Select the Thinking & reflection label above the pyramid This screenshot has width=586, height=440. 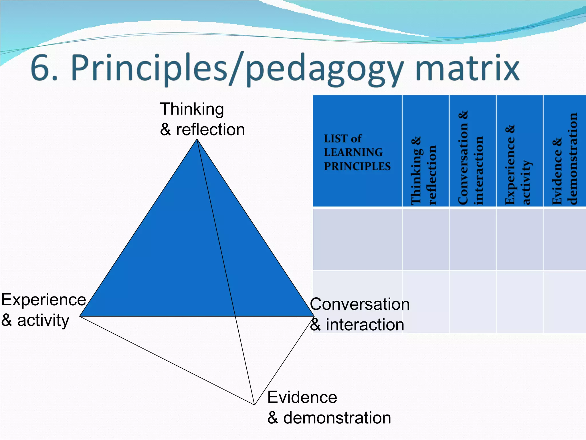tap(202, 119)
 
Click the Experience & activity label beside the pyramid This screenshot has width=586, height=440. tap(43, 310)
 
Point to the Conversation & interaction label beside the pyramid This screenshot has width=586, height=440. tap(359, 314)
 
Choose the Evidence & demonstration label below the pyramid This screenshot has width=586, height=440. tap(329, 407)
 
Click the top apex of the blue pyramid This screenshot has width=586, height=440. tap(197, 140)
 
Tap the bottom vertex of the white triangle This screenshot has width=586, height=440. tap(254, 404)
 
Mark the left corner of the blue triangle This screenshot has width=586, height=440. tap(80, 316)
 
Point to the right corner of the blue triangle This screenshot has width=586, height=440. tap(314, 316)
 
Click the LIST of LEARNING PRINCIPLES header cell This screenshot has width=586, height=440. tap(357, 152)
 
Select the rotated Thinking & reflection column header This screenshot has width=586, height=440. tap(425, 170)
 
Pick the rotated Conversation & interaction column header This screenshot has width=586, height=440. tap(472, 158)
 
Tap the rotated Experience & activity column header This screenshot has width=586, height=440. tap(519, 165)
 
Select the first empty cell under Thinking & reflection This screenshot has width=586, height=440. tap(425, 239)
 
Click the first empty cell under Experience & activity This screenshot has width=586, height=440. tap(519, 239)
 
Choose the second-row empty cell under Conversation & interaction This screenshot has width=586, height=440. tap(472, 302)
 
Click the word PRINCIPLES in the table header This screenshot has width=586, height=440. tap(357, 166)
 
